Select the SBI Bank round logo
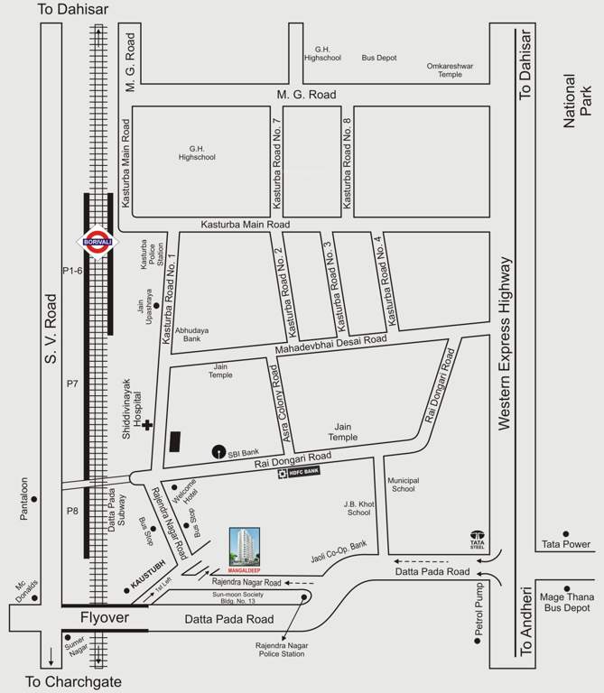point(218,451)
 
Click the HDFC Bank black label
point(298,472)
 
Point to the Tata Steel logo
point(477,538)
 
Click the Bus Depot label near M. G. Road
point(379,58)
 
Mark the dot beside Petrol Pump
point(478,643)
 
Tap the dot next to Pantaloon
point(33,498)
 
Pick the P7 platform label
point(71,383)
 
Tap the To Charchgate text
point(74,681)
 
